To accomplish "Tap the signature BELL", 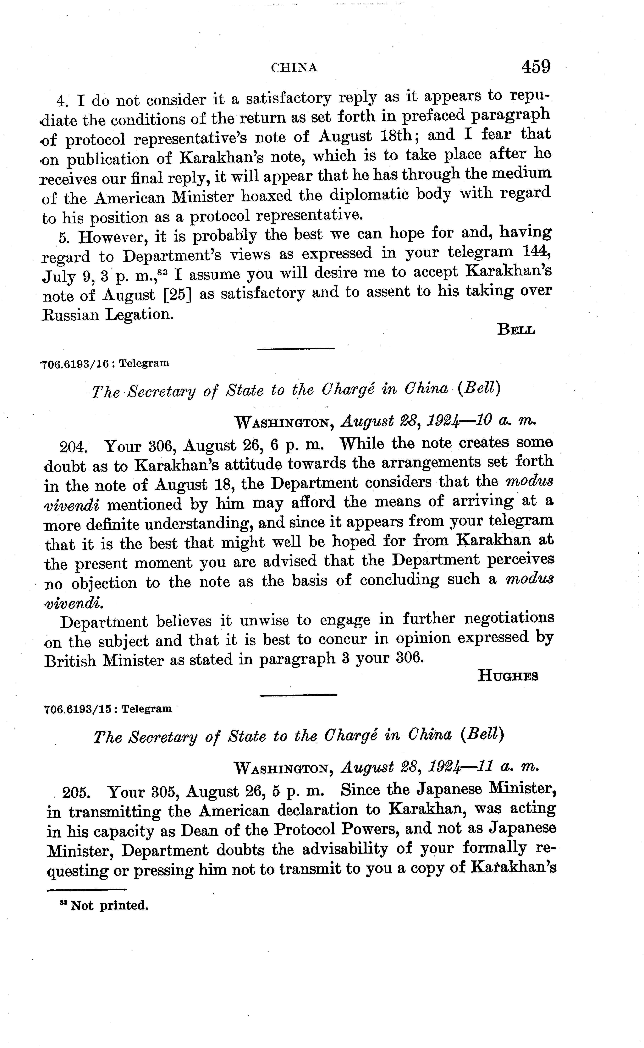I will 516,330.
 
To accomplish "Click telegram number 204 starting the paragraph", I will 73,448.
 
